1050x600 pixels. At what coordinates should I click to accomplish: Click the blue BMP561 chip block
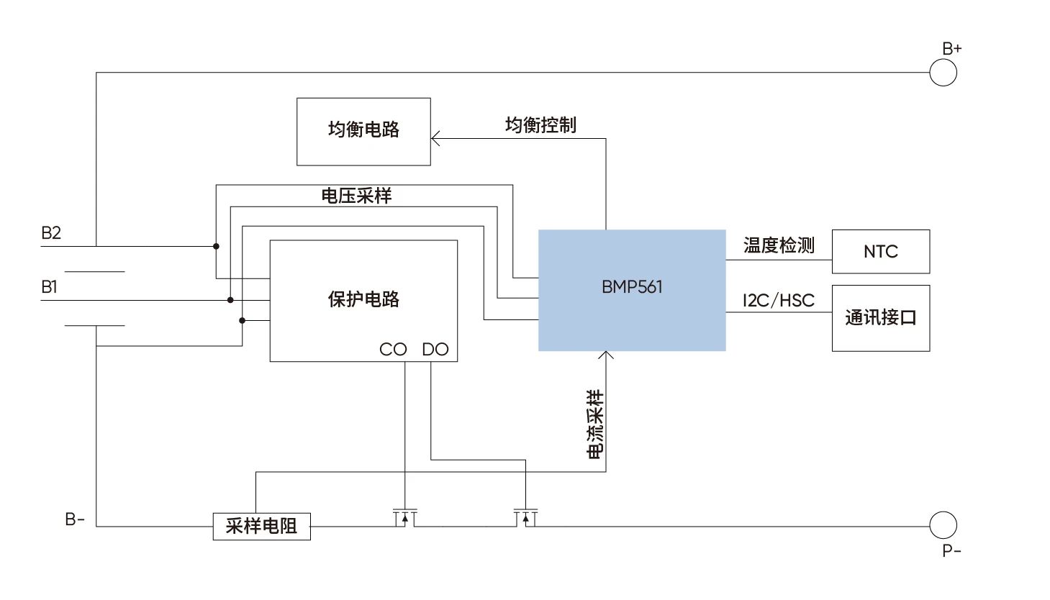(x=632, y=290)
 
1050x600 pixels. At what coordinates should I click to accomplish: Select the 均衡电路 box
(x=363, y=132)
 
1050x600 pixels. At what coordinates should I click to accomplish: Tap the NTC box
(x=880, y=252)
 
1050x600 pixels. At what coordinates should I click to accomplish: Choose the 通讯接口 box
(x=880, y=318)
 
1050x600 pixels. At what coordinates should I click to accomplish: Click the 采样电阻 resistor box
(x=261, y=526)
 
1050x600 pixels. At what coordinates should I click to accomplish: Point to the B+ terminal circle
(x=943, y=73)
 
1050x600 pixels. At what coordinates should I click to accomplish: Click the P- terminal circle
(x=943, y=525)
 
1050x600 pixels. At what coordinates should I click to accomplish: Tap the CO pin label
(x=393, y=350)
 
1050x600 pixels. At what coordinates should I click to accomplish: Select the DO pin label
(x=435, y=350)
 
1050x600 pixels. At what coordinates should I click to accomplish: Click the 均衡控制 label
(x=540, y=125)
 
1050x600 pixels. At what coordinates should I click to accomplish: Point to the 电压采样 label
(x=356, y=196)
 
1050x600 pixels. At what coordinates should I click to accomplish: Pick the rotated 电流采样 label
(x=595, y=424)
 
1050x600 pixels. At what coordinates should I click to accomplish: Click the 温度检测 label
(x=779, y=246)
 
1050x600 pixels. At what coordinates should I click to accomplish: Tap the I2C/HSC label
(x=779, y=301)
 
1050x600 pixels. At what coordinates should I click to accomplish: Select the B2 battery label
(x=51, y=233)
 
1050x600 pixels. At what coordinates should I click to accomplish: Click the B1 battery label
(x=49, y=287)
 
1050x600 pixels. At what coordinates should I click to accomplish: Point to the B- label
(x=75, y=519)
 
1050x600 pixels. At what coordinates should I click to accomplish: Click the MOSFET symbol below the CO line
(x=405, y=517)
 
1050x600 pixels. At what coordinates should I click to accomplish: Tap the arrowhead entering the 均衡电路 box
(x=435, y=138)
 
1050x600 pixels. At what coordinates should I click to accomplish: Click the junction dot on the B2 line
(x=216, y=246)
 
